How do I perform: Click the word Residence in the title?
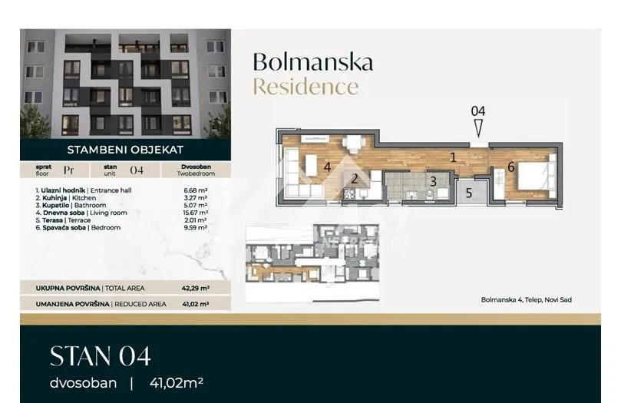[306, 86]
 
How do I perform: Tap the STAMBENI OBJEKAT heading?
[125, 150]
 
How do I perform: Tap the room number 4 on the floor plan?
[326, 166]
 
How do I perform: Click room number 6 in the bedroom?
[510, 167]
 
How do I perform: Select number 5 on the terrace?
[468, 193]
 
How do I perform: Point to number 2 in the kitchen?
[355, 180]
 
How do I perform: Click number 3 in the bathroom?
[433, 181]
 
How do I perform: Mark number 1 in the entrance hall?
[453, 157]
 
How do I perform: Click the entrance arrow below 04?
[478, 128]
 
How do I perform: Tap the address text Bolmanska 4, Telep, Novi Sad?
[526, 299]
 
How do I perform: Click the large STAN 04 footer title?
[100, 355]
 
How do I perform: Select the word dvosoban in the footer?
[83, 381]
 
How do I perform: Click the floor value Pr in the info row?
[69, 170]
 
